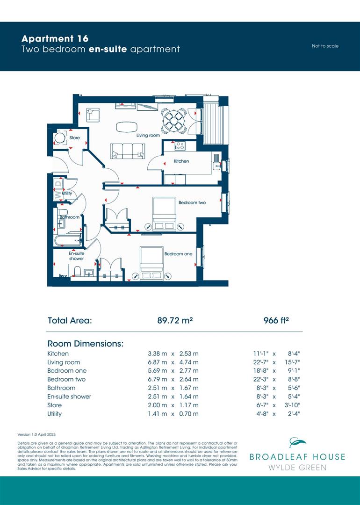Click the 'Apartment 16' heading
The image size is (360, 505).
click(55, 39)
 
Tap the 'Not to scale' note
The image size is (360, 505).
click(325, 46)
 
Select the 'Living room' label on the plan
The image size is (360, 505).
click(148, 135)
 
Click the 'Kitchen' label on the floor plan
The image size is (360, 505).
click(181, 161)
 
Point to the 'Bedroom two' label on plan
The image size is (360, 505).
click(192, 202)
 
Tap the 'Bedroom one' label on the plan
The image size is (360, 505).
click(178, 254)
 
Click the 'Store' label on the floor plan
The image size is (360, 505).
click(75, 138)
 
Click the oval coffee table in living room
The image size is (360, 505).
click(127, 126)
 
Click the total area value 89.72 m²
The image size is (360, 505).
click(176, 321)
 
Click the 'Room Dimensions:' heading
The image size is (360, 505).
click(86, 344)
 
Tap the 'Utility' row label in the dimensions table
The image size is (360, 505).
click(54, 414)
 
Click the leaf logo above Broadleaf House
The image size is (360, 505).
click(297, 443)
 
